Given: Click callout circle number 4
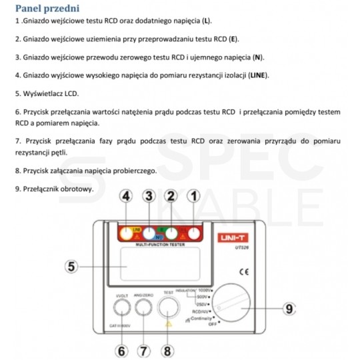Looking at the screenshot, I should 126,196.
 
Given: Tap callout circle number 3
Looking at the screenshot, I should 149,196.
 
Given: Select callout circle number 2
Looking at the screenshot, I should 171,196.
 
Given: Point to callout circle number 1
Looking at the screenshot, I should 194,196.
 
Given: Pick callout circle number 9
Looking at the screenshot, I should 289,309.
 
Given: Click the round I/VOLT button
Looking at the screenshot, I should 121,308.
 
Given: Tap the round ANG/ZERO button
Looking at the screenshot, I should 142,308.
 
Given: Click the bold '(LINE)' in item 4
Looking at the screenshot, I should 259,75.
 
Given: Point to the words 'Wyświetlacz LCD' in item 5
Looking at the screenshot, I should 45,94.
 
